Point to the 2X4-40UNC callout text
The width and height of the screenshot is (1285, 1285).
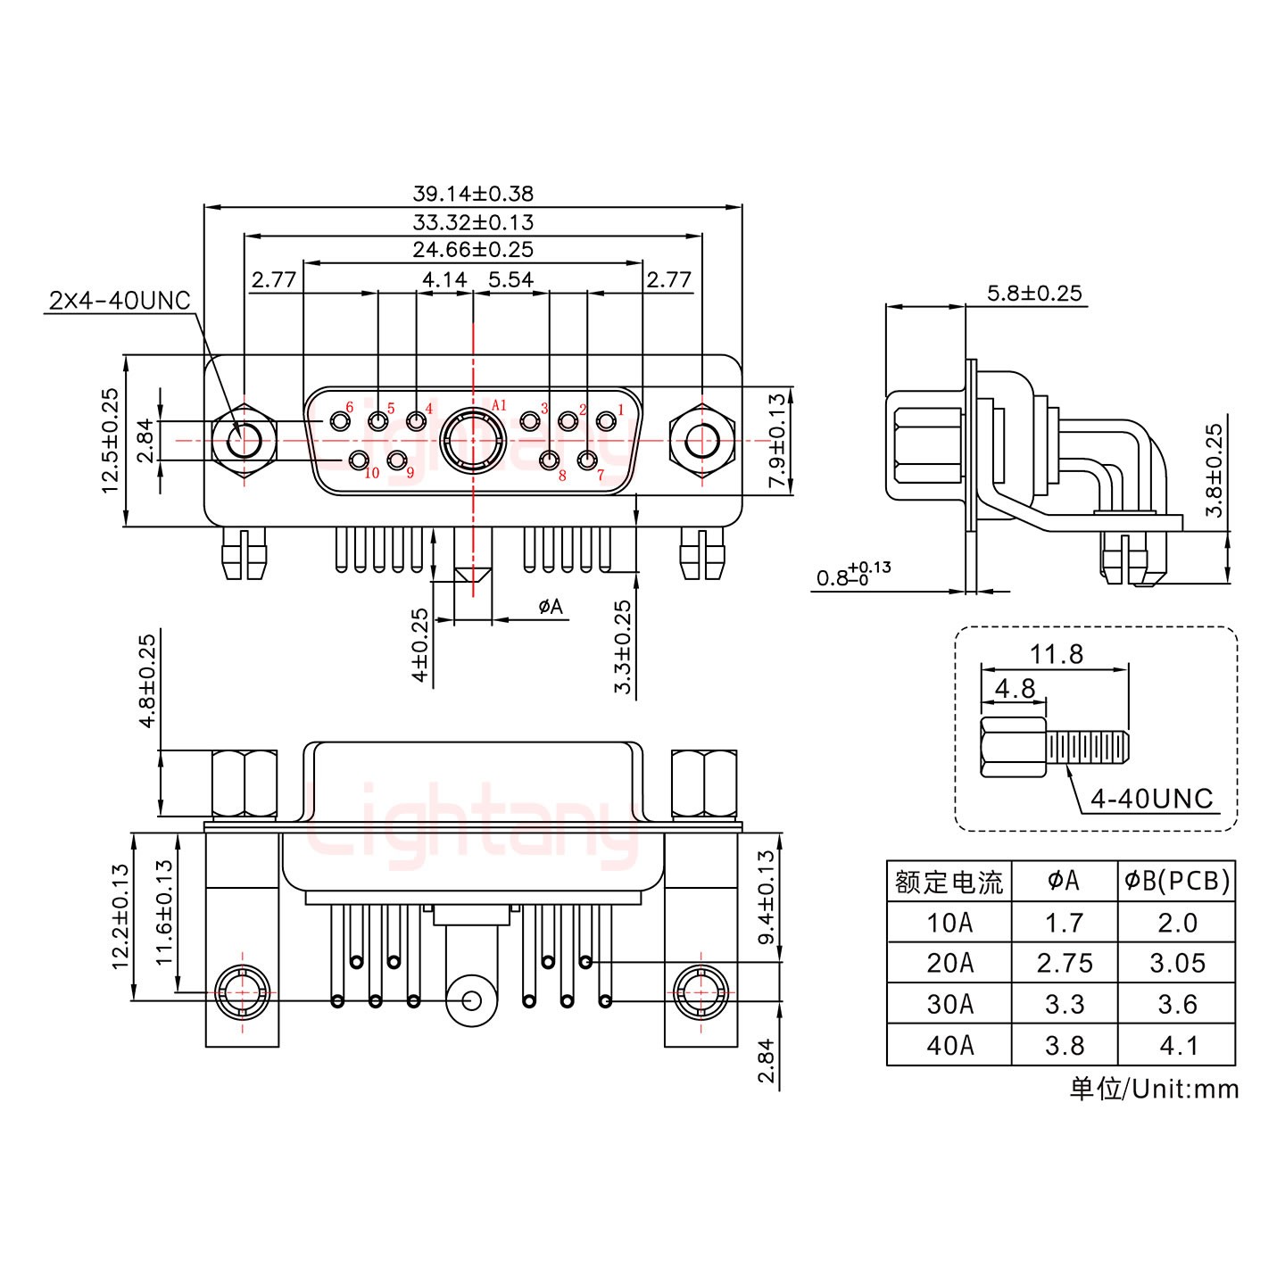(120, 301)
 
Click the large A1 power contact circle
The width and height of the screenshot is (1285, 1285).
(472, 440)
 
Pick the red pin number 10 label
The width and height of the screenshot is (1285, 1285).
(372, 473)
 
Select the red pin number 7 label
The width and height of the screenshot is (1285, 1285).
(601, 475)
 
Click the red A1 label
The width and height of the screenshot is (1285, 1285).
(499, 406)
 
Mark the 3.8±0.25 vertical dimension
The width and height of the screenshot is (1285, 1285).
(1214, 470)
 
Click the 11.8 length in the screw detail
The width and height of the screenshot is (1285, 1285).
(1057, 654)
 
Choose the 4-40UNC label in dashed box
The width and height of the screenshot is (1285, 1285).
(1151, 798)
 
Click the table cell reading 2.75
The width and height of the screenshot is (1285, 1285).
(1064, 964)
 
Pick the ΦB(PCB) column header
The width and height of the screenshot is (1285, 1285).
(1177, 882)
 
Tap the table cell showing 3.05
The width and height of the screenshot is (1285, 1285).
(1177, 964)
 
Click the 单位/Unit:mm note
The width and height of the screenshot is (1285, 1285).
(1154, 1089)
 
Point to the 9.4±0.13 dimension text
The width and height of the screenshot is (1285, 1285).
(766, 897)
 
